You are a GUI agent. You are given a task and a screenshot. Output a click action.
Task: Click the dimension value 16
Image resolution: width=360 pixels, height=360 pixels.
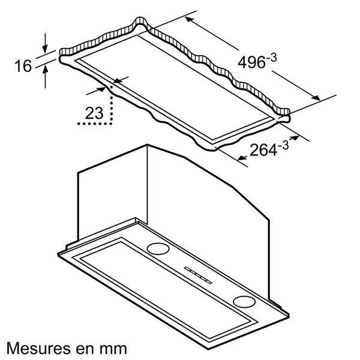click(23, 65)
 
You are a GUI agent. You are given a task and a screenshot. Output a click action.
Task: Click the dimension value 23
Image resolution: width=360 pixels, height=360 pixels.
click(94, 112)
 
